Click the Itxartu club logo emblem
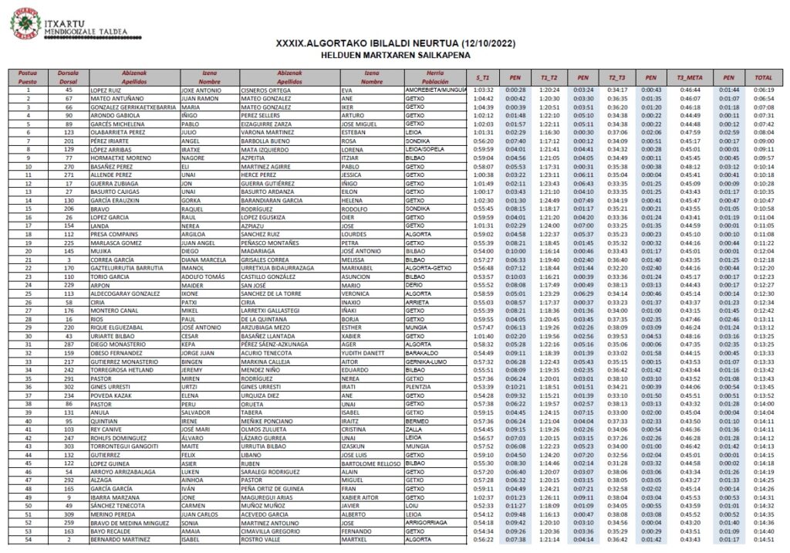click(25, 22)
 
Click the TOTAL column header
click(764, 78)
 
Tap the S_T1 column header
click(483, 78)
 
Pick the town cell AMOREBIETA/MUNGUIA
click(435, 90)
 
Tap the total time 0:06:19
click(763, 90)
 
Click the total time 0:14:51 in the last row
click(763, 541)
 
